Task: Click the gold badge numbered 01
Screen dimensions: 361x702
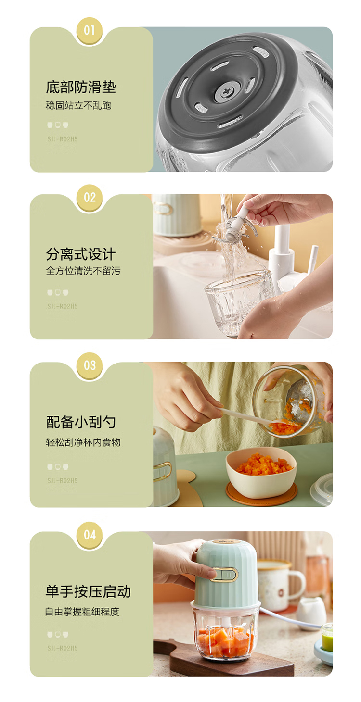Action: tap(90, 31)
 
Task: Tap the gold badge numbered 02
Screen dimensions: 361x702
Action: tap(90, 198)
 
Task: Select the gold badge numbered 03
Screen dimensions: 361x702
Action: tap(90, 365)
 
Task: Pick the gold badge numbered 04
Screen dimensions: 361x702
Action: tap(90, 535)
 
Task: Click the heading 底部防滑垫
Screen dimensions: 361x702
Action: tap(81, 87)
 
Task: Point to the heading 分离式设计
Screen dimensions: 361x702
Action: tap(81, 254)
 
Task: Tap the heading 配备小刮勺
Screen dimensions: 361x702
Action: tap(81, 422)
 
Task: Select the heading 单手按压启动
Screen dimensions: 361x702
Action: tap(88, 592)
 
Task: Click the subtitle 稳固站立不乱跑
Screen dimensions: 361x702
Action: tap(79, 105)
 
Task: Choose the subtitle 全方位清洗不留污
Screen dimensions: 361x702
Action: tap(83, 271)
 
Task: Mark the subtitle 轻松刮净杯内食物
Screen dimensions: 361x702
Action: tap(83, 442)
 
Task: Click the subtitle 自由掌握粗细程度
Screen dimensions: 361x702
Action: tap(82, 612)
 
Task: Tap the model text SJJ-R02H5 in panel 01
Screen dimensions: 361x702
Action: tap(63, 139)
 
